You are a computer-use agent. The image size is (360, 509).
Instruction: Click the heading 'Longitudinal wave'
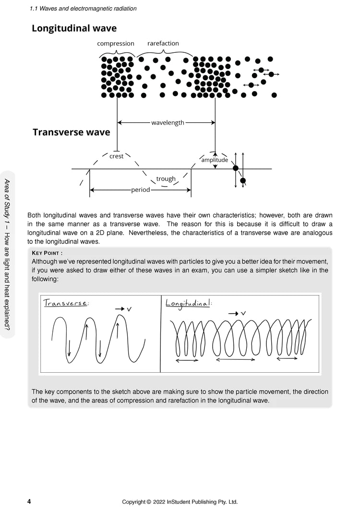click(x=74, y=28)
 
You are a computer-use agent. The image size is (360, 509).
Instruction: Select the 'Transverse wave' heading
click(x=71, y=132)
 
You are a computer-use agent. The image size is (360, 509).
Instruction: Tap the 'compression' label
click(x=116, y=44)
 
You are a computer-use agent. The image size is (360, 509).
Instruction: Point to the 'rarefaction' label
click(x=163, y=44)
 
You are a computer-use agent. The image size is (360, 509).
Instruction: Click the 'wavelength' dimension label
click(x=168, y=123)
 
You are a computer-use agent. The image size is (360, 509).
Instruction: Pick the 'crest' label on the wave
click(x=117, y=156)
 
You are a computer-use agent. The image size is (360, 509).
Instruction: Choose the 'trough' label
click(x=166, y=179)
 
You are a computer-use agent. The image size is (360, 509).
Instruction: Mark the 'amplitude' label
click(x=215, y=160)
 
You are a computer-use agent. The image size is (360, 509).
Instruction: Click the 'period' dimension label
click(x=141, y=190)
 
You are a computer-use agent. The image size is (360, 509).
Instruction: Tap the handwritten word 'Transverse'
click(x=65, y=303)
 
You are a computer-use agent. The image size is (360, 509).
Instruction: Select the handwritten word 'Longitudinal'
click(x=188, y=303)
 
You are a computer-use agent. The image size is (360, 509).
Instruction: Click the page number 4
click(x=29, y=501)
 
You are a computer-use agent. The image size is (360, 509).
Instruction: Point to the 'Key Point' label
click(x=47, y=253)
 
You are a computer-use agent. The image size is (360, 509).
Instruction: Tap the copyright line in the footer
click(x=180, y=502)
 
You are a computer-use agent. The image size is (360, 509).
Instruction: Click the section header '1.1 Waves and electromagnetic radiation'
click(x=83, y=8)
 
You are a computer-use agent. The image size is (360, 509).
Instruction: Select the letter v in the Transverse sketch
click(x=129, y=310)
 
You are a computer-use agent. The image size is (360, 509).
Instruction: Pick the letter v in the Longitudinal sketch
click(x=243, y=313)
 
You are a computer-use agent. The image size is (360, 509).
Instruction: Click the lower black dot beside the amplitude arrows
click(x=243, y=181)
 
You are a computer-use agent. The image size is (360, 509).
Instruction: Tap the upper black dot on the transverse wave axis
click(x=235, y=168)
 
